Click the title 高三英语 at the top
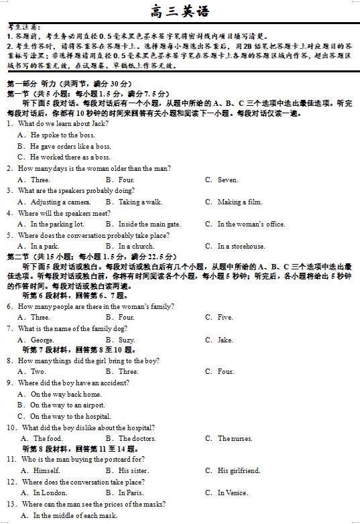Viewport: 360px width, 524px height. (180, 11)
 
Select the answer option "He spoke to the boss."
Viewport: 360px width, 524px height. (62, 135)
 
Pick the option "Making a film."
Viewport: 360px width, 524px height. (239, 202)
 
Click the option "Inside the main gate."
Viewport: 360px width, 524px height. (149, 224)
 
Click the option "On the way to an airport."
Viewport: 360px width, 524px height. (67, 405)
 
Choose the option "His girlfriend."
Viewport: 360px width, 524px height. (239, 470)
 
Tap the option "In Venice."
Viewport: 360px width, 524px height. (232, 493)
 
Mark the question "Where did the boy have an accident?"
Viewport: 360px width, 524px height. (74, 383)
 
